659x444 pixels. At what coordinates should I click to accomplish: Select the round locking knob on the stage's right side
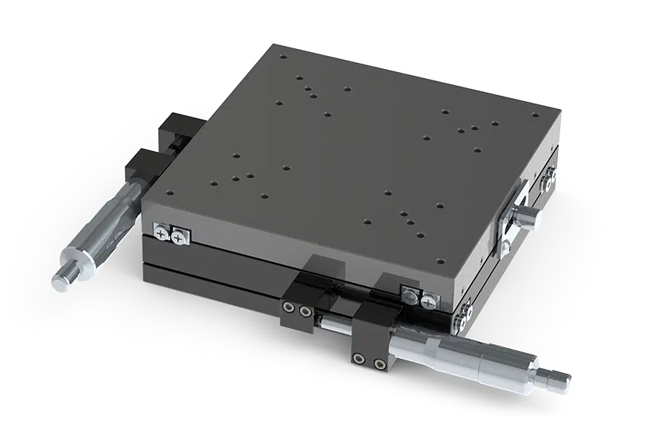(529, 219)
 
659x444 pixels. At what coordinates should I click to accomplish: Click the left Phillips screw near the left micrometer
(162, 230)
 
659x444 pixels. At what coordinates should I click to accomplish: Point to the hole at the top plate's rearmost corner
(283, 57)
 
